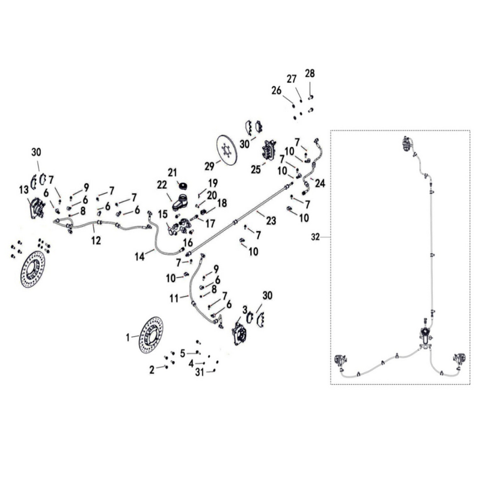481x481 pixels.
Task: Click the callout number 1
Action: pyautogui.click(x=128, y=338)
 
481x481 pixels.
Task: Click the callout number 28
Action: pyautogui.click(x=310, y=73)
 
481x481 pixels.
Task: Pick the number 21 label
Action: pyautogui.click(x=173, y=173)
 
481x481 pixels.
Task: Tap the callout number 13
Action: pyautogui.click(x=24, y=190)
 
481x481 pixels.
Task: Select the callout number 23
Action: pyautogui.click(x=271, y=221)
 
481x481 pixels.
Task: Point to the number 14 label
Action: pyautogui.click(x=140, y=257)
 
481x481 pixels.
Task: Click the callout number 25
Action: pyautogui.click(x=256, y=169)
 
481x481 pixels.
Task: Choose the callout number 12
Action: pyautogui.click(x=96, y=240)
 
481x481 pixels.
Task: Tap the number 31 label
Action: pyautogui.click(x=200, y=372)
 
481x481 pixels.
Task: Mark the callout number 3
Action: pyautogui.click(x=245, y=310)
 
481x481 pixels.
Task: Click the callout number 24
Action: pyautogui.click(x=320, y=183)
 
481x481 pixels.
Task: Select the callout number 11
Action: pyautogui.click(x=174, y=298)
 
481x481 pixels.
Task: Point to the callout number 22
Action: pyautogui.click(x=162, y=185)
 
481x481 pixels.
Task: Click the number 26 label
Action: pyautogui.click(x=277, y=91)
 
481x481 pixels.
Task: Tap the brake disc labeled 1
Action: pyautogui.click(x=151, y=335)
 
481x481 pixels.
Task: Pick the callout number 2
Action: pyautogui.click(x=152, y=370)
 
